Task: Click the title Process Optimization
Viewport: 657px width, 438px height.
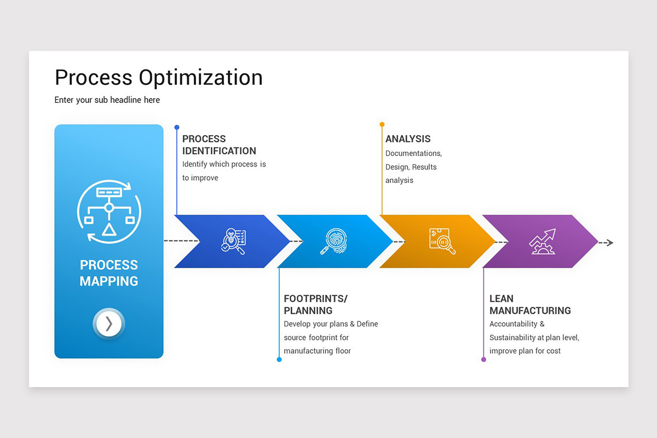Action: (158, 78)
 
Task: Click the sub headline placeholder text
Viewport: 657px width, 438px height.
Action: (107, 100)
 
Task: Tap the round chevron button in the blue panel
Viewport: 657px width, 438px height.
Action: (109, 324)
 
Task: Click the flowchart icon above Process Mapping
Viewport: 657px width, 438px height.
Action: (109, 211)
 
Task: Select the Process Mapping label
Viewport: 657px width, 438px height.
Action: (109, 273)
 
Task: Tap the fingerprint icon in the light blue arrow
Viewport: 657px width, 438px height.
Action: (333, 241)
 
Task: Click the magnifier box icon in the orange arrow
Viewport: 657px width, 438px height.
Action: (442, 241)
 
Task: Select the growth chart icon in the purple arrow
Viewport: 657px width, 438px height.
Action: (542, 241)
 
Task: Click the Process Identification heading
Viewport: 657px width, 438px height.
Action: (219, 145)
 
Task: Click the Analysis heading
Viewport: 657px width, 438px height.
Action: (408, 139)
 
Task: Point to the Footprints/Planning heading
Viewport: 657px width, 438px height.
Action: (315, 304)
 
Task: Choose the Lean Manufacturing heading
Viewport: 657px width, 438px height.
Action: (530, 304)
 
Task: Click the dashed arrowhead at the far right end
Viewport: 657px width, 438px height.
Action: (609, 243)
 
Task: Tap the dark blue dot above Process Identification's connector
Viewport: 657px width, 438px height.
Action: (177, 127)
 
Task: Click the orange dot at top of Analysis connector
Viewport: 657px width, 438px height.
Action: (382, 124)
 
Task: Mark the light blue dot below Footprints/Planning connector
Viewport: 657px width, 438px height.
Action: (279, 360)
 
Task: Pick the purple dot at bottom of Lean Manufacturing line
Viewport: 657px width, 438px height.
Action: (483, 360)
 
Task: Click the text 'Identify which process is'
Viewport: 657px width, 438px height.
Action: (224, 164)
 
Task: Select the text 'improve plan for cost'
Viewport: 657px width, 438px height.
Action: (525, 351)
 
